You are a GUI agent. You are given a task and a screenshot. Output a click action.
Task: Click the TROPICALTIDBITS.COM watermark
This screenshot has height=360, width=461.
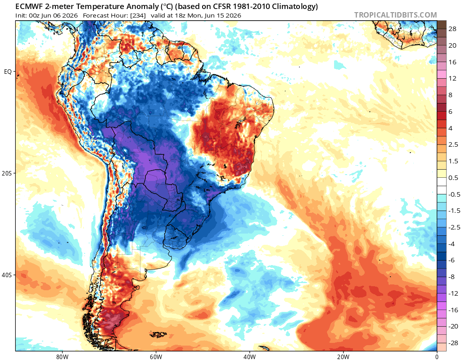(x=395, y=15)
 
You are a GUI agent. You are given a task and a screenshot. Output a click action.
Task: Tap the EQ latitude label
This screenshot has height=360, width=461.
(x=8, y=72)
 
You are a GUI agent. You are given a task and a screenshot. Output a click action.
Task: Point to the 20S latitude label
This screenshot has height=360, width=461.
(x=7, y=173)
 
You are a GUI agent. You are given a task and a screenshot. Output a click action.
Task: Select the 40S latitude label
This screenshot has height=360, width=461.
(x=7, y=275)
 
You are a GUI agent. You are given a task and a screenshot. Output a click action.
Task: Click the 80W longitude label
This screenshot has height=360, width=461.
(x=62, y=357)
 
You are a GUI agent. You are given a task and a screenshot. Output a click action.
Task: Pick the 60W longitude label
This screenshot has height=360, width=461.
(x=156, y=357)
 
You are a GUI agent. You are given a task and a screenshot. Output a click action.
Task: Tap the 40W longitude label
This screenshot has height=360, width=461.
(x=249, y=357)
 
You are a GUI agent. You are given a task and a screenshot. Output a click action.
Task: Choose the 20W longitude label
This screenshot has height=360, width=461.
(x=343, y=357)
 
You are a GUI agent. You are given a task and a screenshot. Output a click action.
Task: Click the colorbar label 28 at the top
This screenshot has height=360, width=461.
(x=452, y=29)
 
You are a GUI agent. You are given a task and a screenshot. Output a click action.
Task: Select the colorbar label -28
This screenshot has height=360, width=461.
(x=453, y=343)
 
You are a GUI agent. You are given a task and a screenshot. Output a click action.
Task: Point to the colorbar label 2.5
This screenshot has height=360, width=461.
(x=453, y=144)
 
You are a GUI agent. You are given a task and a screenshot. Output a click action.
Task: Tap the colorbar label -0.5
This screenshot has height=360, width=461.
(x=454, y=194)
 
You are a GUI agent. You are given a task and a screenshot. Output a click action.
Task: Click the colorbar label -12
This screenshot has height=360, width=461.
(x=453, y=293)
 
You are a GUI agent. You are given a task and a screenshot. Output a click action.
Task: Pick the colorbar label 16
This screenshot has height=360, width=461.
(x=452, y=62)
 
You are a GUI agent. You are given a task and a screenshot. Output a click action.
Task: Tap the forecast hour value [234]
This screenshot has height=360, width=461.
(x=138, y=15)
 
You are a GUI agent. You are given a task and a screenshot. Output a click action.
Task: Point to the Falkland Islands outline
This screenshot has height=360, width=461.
(x=158, y=334)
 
